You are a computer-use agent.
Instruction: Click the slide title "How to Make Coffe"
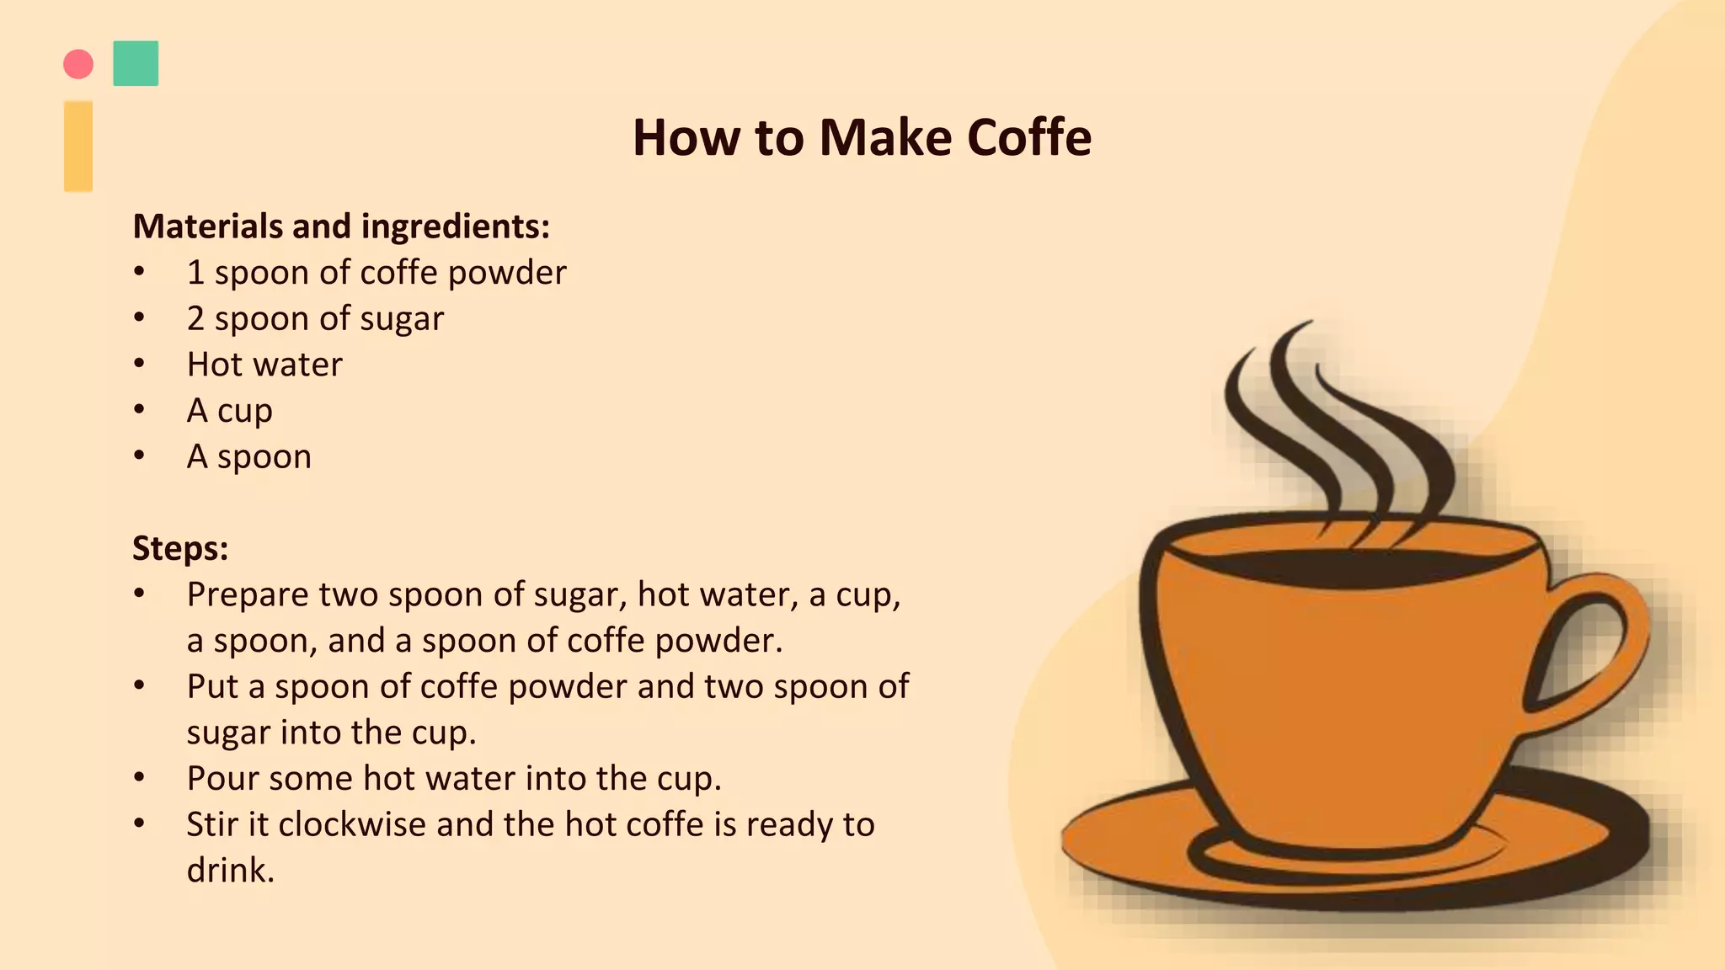(862, 136)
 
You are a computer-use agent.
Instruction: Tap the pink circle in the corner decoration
(78, 64)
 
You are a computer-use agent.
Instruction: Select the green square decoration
(136, 63)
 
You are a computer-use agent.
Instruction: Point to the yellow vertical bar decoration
(78, 147)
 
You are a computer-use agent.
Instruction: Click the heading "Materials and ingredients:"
(341, 227)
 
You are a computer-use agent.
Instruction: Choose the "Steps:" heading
(180, 548)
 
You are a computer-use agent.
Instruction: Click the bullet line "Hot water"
(264, 365)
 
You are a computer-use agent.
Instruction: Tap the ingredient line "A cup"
(230, 411)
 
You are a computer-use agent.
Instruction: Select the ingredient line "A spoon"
(249, 456)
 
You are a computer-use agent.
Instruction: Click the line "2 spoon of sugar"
(315, 319)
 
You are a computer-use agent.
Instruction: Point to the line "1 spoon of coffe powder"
(377, 273)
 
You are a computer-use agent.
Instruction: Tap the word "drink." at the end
(231, 870)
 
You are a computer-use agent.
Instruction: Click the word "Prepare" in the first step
(248, 595)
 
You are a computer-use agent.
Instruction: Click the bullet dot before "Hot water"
(140, 364)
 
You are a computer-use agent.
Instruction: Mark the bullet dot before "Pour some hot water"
(140, 777)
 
